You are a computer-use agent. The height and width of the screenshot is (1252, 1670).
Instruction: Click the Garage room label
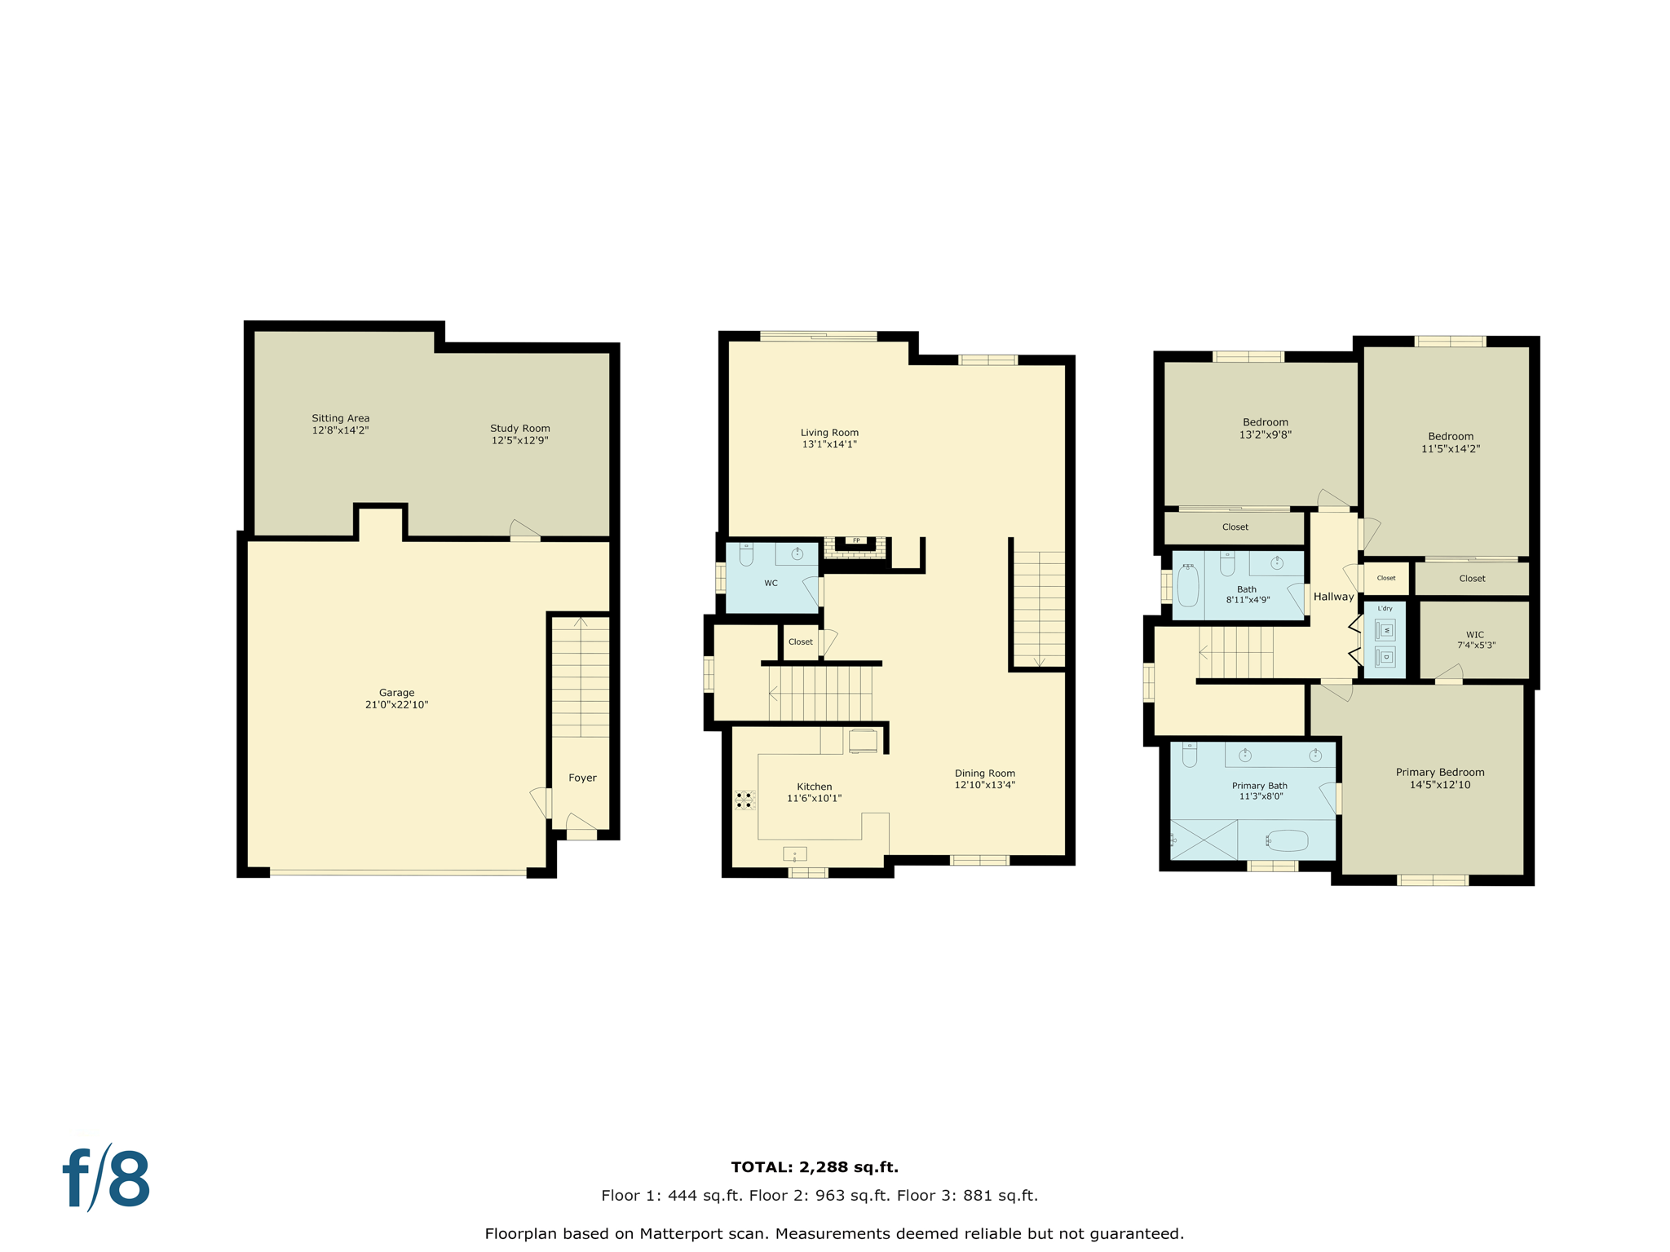[x=396, y=693]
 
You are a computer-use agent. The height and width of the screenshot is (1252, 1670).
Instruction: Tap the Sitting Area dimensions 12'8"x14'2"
[x=340, y=430]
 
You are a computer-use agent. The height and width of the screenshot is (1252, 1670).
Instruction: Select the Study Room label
[x=519, y=428]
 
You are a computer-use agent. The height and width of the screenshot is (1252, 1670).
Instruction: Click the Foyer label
[x=582, y=778]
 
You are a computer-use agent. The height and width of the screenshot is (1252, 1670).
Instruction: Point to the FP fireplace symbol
[x=855, y=540]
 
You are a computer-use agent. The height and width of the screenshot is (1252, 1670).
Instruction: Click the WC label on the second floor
[x=771, y=583]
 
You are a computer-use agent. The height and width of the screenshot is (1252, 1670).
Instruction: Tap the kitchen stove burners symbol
[x=744, y=800]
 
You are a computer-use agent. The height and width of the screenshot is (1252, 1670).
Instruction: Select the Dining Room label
[x=984, y=773]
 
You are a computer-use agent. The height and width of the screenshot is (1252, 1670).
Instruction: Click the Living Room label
[x=828, y=433]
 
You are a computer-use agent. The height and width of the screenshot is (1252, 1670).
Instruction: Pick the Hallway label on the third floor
[x=1333, y=597]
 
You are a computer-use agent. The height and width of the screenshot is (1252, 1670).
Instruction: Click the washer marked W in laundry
[x=1385, y=630]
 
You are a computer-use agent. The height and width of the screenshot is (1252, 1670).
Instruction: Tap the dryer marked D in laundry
[x=1385, y=657]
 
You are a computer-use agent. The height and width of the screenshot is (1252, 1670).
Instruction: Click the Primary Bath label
[x=1259, y=786]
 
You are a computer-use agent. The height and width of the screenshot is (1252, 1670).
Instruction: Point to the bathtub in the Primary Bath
[x=1288, y=840]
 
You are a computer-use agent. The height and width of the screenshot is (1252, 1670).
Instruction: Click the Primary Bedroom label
[x=1439, y=772]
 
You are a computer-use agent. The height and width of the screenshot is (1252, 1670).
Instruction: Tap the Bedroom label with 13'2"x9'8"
[x=1265, y=422]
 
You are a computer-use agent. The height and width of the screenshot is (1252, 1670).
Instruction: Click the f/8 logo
[x=107, y=1179]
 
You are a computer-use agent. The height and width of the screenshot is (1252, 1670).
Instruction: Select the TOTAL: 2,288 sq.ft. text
[x=814, y=1167]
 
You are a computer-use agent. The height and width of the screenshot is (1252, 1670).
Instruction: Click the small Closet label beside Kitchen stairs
[x=800, y=641]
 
